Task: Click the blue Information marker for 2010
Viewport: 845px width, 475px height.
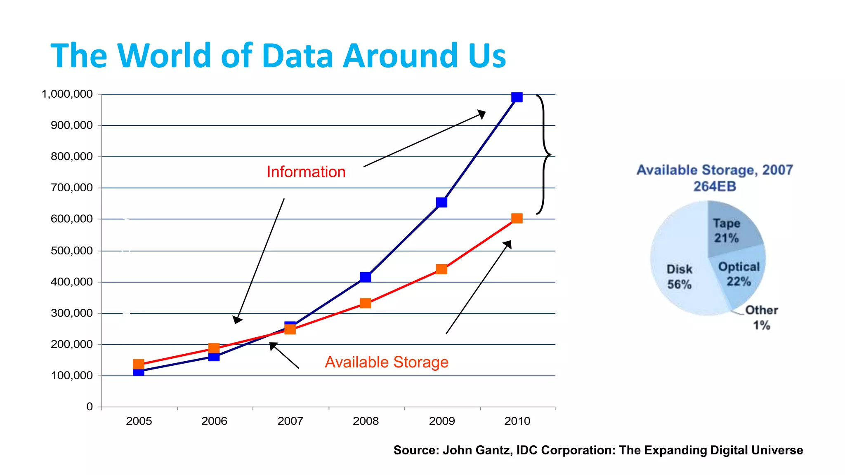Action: [517, 97]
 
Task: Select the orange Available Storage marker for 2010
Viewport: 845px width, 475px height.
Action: [517, 219]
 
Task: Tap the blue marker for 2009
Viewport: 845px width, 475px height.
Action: [441, 202]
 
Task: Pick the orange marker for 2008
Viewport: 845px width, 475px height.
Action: [365, 303]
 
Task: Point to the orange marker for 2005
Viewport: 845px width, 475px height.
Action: [139, 364]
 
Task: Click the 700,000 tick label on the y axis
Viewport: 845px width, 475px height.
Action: [72, 188]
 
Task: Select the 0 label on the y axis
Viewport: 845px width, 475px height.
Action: [90, 407]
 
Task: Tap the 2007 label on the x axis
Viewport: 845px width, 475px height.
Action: [290, 421]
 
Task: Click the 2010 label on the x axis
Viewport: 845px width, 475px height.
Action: [517, 421]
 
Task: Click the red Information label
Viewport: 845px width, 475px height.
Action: [306, 172]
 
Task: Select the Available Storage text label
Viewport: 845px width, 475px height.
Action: [387, 362]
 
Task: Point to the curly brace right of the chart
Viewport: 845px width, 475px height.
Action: [544, 155]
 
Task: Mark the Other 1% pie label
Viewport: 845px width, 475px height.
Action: [761, 317]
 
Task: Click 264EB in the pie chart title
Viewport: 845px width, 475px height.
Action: [715, 186]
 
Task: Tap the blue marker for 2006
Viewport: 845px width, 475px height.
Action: [214, 357]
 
